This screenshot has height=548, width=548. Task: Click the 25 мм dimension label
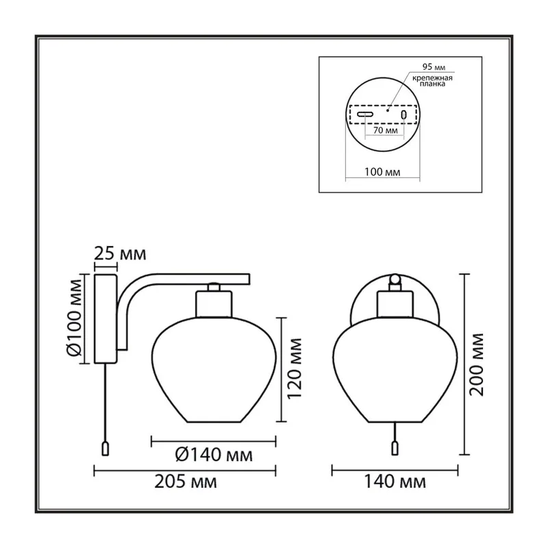click(x=120, y=253)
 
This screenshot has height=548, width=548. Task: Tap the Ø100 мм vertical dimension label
click(x=74, y=318)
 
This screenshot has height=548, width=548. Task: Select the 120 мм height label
click(x=294, y=369)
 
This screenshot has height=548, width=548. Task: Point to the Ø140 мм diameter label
click(x=214, y=455)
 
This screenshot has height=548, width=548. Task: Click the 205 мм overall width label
click(x=186, y=482)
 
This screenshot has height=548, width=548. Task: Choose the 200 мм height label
click(x=476, y=364)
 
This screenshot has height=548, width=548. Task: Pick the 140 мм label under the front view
click(x=395, y=482)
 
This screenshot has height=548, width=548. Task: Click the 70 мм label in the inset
click(x=386, y=130)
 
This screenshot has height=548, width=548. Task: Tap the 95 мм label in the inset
click(x=434, y=66)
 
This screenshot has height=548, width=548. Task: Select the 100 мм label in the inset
click(x=382, y=172)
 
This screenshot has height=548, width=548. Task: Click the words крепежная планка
click(x=432, y=81)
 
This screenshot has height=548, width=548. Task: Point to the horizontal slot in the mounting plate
click(x=365, y=114)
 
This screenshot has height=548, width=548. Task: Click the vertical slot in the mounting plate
click(x=404, y=114)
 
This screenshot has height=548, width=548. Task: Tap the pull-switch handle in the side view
click(x=105, y=449)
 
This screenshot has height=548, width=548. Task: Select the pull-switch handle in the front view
click(x=395, y=449)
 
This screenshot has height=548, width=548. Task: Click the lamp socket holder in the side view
click(x=214, y=304)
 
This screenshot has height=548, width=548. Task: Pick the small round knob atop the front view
click(x=395, y=279)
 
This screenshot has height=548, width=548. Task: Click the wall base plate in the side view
click(x=105, y=319)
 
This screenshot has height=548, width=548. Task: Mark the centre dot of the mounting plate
click(x=388, y=110)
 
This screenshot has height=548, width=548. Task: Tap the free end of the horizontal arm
click(x=249, y=279)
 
